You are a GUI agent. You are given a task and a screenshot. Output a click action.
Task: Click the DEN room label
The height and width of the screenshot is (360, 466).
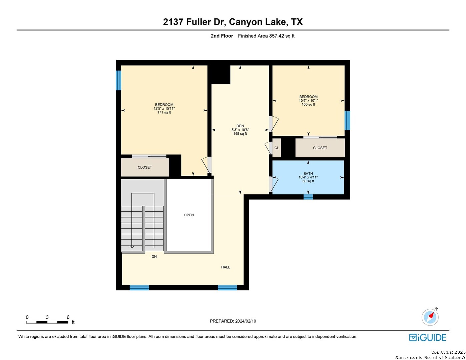tap(240, 126)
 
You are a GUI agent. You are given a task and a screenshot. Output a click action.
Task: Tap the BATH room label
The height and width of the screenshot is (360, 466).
tap(308, 173)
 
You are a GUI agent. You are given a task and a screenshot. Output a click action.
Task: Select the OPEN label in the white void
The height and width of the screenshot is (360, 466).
tap(189, 215)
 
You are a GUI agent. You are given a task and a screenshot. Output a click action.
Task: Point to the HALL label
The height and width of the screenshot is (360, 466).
tap(225, 267)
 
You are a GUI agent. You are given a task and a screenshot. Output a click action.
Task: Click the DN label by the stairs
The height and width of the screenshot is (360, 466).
tap(154, 257)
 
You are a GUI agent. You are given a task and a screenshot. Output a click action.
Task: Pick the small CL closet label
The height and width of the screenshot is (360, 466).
tap(277, 148)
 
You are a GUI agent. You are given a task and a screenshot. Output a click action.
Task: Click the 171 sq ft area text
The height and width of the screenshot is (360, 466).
tap(164, 112)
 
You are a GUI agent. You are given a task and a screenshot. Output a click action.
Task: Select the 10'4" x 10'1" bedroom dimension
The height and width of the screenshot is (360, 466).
tap(308, 101)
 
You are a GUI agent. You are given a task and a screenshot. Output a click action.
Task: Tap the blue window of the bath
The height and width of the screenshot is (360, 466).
tap(308, 197)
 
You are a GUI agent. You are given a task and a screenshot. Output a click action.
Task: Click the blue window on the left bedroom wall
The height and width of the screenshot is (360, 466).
tap(118, 80)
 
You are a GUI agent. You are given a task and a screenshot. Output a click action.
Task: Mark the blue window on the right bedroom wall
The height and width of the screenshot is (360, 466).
tap(347, 120)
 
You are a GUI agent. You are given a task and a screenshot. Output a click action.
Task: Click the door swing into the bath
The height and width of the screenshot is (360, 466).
tap(274, 184)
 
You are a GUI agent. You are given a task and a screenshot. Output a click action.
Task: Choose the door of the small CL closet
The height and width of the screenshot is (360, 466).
tap(269, 148)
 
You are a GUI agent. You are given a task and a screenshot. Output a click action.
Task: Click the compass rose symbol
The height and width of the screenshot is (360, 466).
tap(430, 317)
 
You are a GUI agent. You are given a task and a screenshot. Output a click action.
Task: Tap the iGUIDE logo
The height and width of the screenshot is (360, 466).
tap(427, 337)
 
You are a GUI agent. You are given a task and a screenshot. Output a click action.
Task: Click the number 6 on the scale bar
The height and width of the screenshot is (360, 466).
tap(68, 317)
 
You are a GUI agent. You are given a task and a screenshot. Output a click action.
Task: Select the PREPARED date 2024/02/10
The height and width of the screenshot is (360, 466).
tap(246, 321)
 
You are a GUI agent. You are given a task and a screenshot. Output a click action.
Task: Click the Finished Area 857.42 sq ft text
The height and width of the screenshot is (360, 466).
tap(266, 36)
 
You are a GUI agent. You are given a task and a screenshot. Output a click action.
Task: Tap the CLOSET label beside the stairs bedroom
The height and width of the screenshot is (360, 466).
tap(145, 167)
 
